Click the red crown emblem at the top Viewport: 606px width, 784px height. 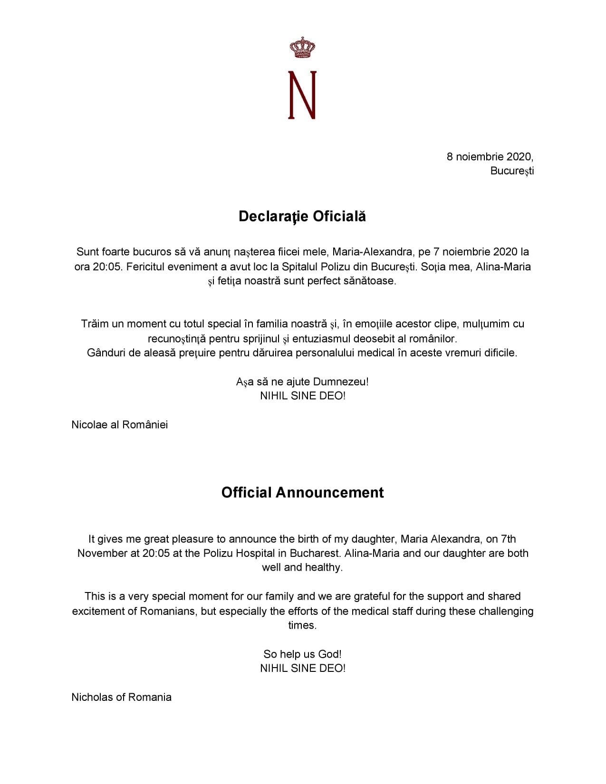point(302,48)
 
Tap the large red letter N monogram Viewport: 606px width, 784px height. point(302,95)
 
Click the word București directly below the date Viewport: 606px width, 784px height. point(512,171)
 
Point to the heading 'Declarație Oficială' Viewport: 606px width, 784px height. point(302,216)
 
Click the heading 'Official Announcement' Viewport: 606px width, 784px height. point(302,492)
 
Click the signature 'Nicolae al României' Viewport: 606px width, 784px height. point(120,424)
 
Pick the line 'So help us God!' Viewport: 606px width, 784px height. point(302,654)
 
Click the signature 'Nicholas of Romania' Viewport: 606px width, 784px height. point(121,697)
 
